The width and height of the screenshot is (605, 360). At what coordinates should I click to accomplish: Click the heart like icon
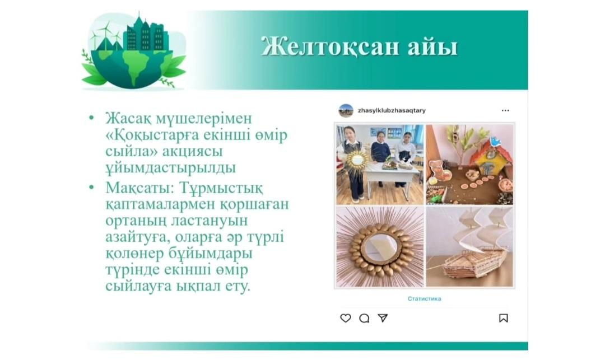(345, 318)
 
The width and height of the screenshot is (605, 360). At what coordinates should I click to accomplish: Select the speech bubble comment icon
(364, 318)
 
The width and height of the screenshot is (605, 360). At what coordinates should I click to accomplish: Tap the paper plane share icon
(383, 318)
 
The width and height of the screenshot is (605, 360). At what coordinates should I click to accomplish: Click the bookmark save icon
(503, 318)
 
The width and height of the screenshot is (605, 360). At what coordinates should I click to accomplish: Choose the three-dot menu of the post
(505, 111)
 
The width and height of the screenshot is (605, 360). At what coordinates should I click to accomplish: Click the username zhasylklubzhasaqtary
(392, 111)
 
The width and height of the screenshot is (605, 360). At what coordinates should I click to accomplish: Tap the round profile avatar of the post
(346, 111)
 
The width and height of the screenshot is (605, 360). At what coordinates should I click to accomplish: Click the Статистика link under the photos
(424, 299)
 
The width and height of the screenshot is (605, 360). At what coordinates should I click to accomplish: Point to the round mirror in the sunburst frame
(380, 247)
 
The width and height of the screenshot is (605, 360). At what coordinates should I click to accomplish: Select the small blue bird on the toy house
(495, 141)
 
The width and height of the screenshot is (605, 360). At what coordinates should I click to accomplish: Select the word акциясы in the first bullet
(192, 151)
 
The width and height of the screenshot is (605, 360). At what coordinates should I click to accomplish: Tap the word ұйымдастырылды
(170, 167)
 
